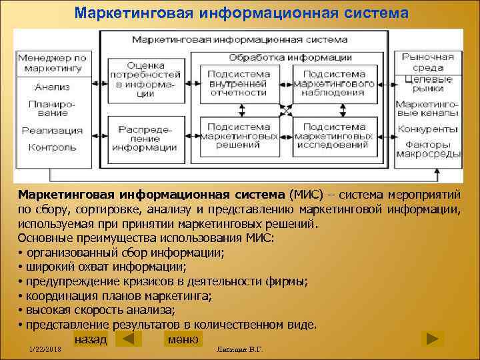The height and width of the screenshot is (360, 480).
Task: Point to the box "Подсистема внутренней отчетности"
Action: pyautogui.click(x=238, y=84)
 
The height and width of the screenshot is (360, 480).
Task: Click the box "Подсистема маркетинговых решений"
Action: pyautogui.click(x=238, y=136)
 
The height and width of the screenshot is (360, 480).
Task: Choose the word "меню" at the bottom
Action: pyautogui.click(x=183, y=339)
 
